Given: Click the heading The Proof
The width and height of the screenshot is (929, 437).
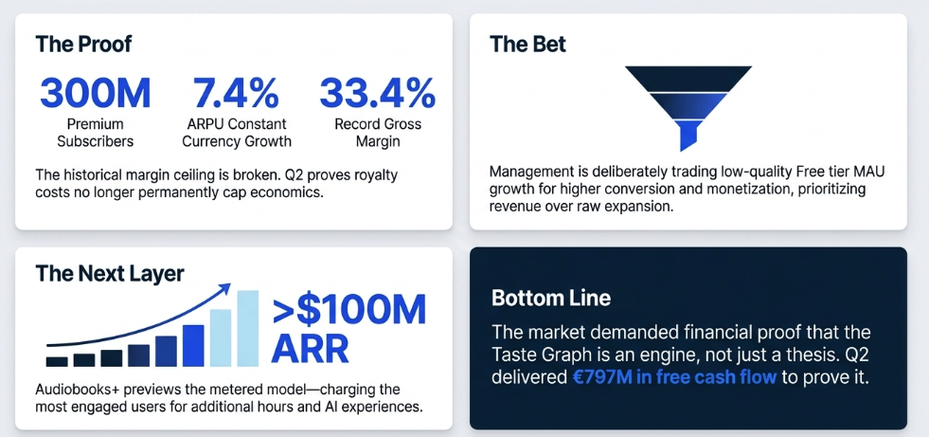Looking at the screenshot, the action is click(x=83, y=44).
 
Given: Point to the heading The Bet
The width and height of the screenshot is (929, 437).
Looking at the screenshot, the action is click(x=527, y=44).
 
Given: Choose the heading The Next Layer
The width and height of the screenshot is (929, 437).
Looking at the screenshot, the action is click(x=110, y=273).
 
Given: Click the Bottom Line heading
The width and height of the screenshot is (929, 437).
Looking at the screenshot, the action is click(x=551, y=298).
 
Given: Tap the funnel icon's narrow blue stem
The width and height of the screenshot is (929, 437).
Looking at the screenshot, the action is click(x=688, y=136).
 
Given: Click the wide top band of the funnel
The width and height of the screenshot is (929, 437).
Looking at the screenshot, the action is click(x=688, y=77).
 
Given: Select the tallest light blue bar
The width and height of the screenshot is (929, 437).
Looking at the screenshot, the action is click(x=248, y=329).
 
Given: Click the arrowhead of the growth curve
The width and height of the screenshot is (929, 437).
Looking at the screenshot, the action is click(x=224, y=289).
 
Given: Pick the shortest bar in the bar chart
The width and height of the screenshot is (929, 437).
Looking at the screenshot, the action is click(x=57, y=362).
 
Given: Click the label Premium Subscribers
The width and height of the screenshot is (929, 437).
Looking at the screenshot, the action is click(x=95, y=134).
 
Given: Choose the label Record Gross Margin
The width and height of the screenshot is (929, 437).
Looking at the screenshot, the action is click(x=378, y=134).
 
